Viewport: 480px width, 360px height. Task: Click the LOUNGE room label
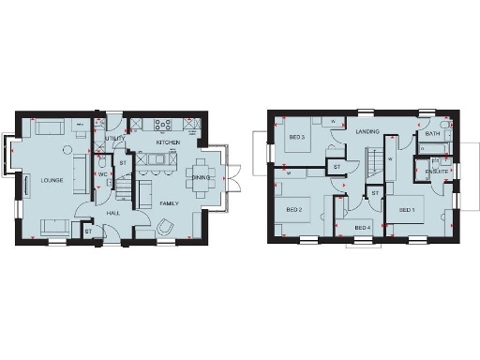52,180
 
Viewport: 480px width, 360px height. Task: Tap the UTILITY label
116,139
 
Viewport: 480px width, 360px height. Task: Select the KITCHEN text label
168,142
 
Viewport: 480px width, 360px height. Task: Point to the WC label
103,173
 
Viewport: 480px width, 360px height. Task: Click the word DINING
202,177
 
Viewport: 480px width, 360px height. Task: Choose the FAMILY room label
170,203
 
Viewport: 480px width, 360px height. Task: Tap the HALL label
113,214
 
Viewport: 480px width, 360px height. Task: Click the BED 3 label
296,139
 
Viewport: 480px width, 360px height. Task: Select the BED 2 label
293,210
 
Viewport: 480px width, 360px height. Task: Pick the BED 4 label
363,228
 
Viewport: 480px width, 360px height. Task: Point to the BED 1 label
406,210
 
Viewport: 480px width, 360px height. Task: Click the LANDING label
367,132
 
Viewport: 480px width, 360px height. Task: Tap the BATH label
432,134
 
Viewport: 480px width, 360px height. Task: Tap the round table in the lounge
67,150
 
